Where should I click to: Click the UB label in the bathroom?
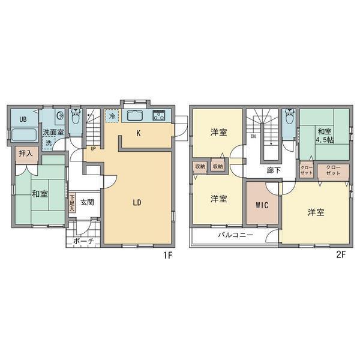coord(23,119)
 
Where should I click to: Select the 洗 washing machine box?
coord(49,143)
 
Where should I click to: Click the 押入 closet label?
coord(26,154)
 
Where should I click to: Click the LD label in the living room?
coord(137,202)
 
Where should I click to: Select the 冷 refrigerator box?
coord(112,116)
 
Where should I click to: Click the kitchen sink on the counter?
coord(136,116)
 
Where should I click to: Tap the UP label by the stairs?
coord(94,148)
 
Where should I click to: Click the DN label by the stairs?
coord(253,136)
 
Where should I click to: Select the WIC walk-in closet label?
coord(262,205)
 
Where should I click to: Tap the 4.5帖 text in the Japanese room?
coord(325,142)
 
